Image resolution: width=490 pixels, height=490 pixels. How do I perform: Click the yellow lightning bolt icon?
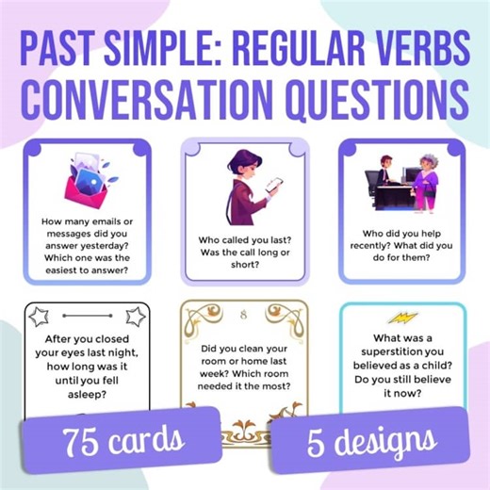coord(401,318)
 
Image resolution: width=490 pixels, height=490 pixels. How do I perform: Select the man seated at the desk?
coord(384,174)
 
